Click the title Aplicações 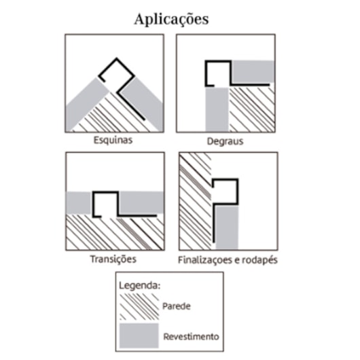coord(171,19)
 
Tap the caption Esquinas coord(113,140)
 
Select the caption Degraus coord(225,141)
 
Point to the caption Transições coord(113,259)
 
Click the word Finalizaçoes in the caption coord(205,260)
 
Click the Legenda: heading coord(140,286)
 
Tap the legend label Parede coord(177,306)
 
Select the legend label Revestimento coord(191,337)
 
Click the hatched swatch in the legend coord(139,306)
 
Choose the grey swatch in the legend coord(139,336)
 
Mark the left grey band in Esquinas coord(86,105)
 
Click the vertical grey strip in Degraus coord(217,109)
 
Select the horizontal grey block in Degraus coord(253,71)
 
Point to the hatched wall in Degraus coord(252,109)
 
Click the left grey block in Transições coord(79,202)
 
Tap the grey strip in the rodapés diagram coord(227,228)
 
